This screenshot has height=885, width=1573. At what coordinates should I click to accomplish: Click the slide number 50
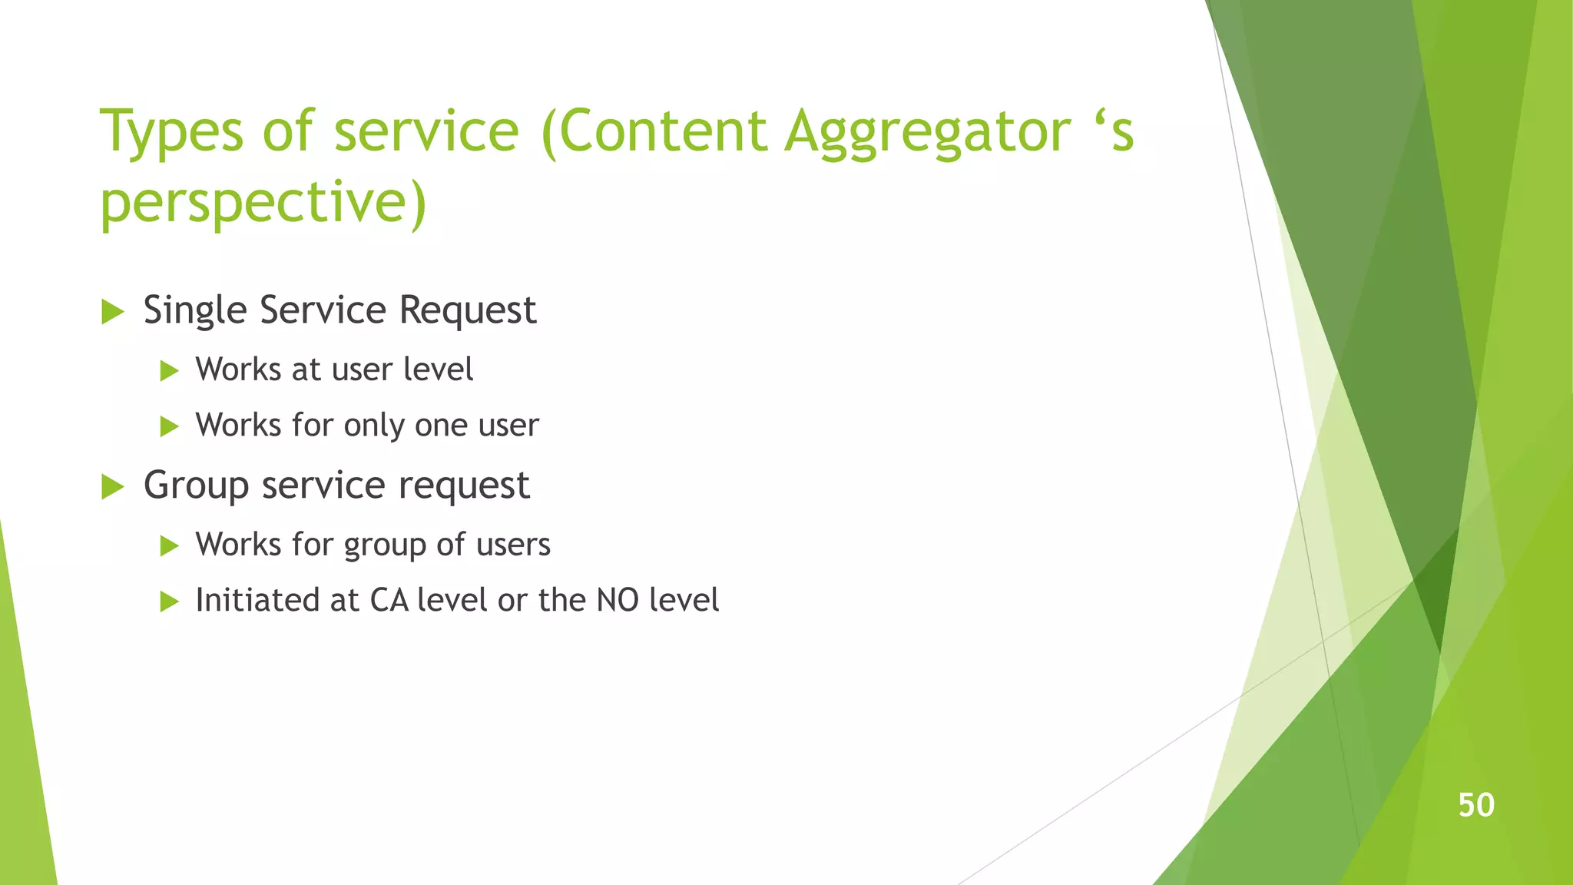1475,805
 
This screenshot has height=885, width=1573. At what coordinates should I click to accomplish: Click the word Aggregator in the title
927,132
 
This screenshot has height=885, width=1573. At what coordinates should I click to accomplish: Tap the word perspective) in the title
263,203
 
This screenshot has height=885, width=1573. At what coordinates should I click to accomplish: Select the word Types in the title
171,132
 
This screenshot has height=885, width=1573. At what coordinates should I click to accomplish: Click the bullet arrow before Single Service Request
112,312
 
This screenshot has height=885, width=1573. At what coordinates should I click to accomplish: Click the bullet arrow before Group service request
112,487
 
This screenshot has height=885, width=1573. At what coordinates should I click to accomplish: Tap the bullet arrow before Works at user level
169,371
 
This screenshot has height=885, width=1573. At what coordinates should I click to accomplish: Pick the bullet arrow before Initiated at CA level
169,602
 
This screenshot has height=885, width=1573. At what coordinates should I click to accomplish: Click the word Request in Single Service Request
467,311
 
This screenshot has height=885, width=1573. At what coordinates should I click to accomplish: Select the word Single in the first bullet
196,311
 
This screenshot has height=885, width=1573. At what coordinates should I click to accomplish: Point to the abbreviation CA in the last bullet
389,600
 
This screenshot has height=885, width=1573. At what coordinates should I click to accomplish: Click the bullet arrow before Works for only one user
169,426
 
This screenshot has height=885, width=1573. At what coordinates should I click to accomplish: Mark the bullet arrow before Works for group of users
169,546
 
